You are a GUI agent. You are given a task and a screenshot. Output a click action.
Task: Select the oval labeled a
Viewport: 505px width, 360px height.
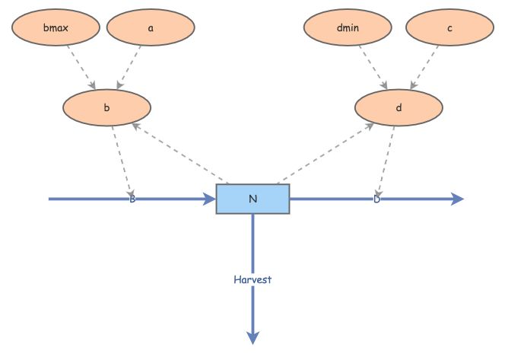(x=151, y=28)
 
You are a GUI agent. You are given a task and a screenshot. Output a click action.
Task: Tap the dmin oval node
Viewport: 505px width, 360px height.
(x=348, y=28)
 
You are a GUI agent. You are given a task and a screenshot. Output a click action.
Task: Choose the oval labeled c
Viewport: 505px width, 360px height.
(x=449, y=28)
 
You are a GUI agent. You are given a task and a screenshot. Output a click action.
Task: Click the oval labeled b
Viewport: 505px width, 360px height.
(x=106, y=108)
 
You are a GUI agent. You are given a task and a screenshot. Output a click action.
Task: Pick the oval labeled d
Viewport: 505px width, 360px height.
(x=399, y=108)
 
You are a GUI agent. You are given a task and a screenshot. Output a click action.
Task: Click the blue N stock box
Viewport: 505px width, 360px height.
(x=252, y=199)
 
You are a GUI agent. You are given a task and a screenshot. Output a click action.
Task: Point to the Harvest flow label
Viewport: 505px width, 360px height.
(x=252, y=279)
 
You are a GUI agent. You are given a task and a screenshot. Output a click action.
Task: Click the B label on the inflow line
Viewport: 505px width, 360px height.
(x=132, y=199)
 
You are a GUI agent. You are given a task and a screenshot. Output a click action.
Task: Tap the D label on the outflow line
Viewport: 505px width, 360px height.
(x=376, y=199)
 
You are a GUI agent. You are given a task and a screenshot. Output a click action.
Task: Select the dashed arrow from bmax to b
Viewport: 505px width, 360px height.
(x=81, y=66)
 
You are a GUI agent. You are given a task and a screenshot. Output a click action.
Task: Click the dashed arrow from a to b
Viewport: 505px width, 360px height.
(x=129, y=66)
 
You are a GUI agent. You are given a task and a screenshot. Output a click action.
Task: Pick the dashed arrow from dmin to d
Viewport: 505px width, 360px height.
(x=373, y=66)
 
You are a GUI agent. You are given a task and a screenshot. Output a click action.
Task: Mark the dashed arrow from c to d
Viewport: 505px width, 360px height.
(x=424, y=66)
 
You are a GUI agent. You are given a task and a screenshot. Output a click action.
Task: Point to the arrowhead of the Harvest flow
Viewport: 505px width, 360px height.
(x=252, y=337)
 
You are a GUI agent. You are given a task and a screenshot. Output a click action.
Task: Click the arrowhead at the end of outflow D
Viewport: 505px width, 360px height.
(x=457, y=199)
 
